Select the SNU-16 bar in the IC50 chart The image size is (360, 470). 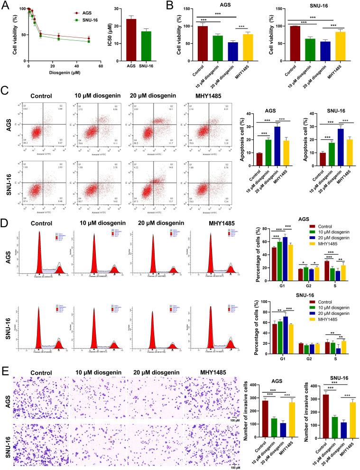coord(146,47)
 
